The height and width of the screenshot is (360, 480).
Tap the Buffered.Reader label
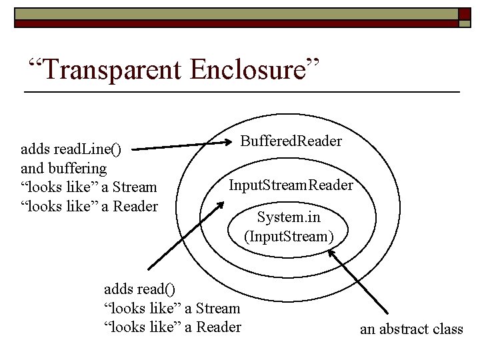(x=291, y=141)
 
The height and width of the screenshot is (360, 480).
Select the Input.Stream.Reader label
(x=291, y=184)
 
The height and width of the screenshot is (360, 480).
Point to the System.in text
(x=289, y=217)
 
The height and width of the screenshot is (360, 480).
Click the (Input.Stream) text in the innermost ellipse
(x=289, y=235)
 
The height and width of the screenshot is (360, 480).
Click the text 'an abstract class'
(x=411, y=329)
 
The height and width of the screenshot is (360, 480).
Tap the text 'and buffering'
(x=64, y=168)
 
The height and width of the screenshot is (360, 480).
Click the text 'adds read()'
(x=140, y=289)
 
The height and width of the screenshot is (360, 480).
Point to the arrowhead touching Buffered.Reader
(x=226, y=142)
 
